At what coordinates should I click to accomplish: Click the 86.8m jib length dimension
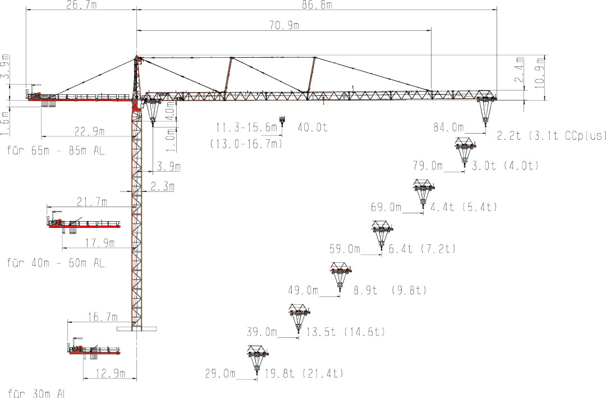[318, 4]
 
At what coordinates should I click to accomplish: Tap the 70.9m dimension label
[284, 25]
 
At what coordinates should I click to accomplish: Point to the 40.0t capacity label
[313, 127]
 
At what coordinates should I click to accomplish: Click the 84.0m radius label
[448, 127]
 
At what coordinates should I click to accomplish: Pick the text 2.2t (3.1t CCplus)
[552, 136]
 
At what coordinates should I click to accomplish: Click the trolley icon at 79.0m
[465, 152]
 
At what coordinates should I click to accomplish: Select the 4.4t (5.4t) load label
[463, 207]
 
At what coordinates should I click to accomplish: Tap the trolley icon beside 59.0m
[382, 236]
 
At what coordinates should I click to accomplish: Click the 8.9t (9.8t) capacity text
[390, 290]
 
